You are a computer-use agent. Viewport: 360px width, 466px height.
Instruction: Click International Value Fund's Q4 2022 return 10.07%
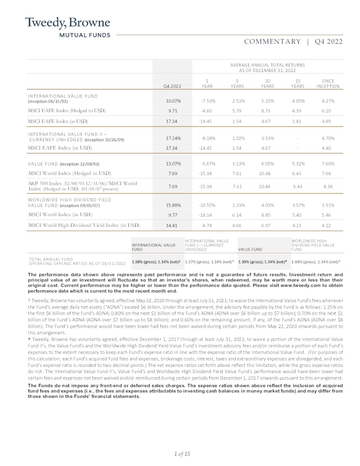(x=173, y=101)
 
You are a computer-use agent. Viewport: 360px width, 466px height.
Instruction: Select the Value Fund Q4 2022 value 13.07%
(x=173, y=164)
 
